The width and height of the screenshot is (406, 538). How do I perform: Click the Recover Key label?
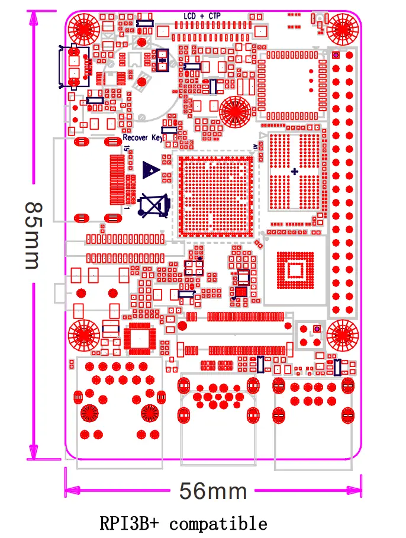[x=142, y=138]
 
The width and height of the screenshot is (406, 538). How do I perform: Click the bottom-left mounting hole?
[x=84, y=336]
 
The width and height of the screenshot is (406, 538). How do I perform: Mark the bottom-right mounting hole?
[x=343, y=336]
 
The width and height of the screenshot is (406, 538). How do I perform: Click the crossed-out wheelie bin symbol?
[x=153, y=205]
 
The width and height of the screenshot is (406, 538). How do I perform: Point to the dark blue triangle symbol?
[x=152, y=170]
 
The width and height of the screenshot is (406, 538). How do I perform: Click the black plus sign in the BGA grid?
[x=295, y=172]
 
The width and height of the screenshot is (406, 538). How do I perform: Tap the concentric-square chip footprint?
[x=294, y=271]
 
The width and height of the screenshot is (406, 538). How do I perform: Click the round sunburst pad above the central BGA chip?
[x=235, y=111]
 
